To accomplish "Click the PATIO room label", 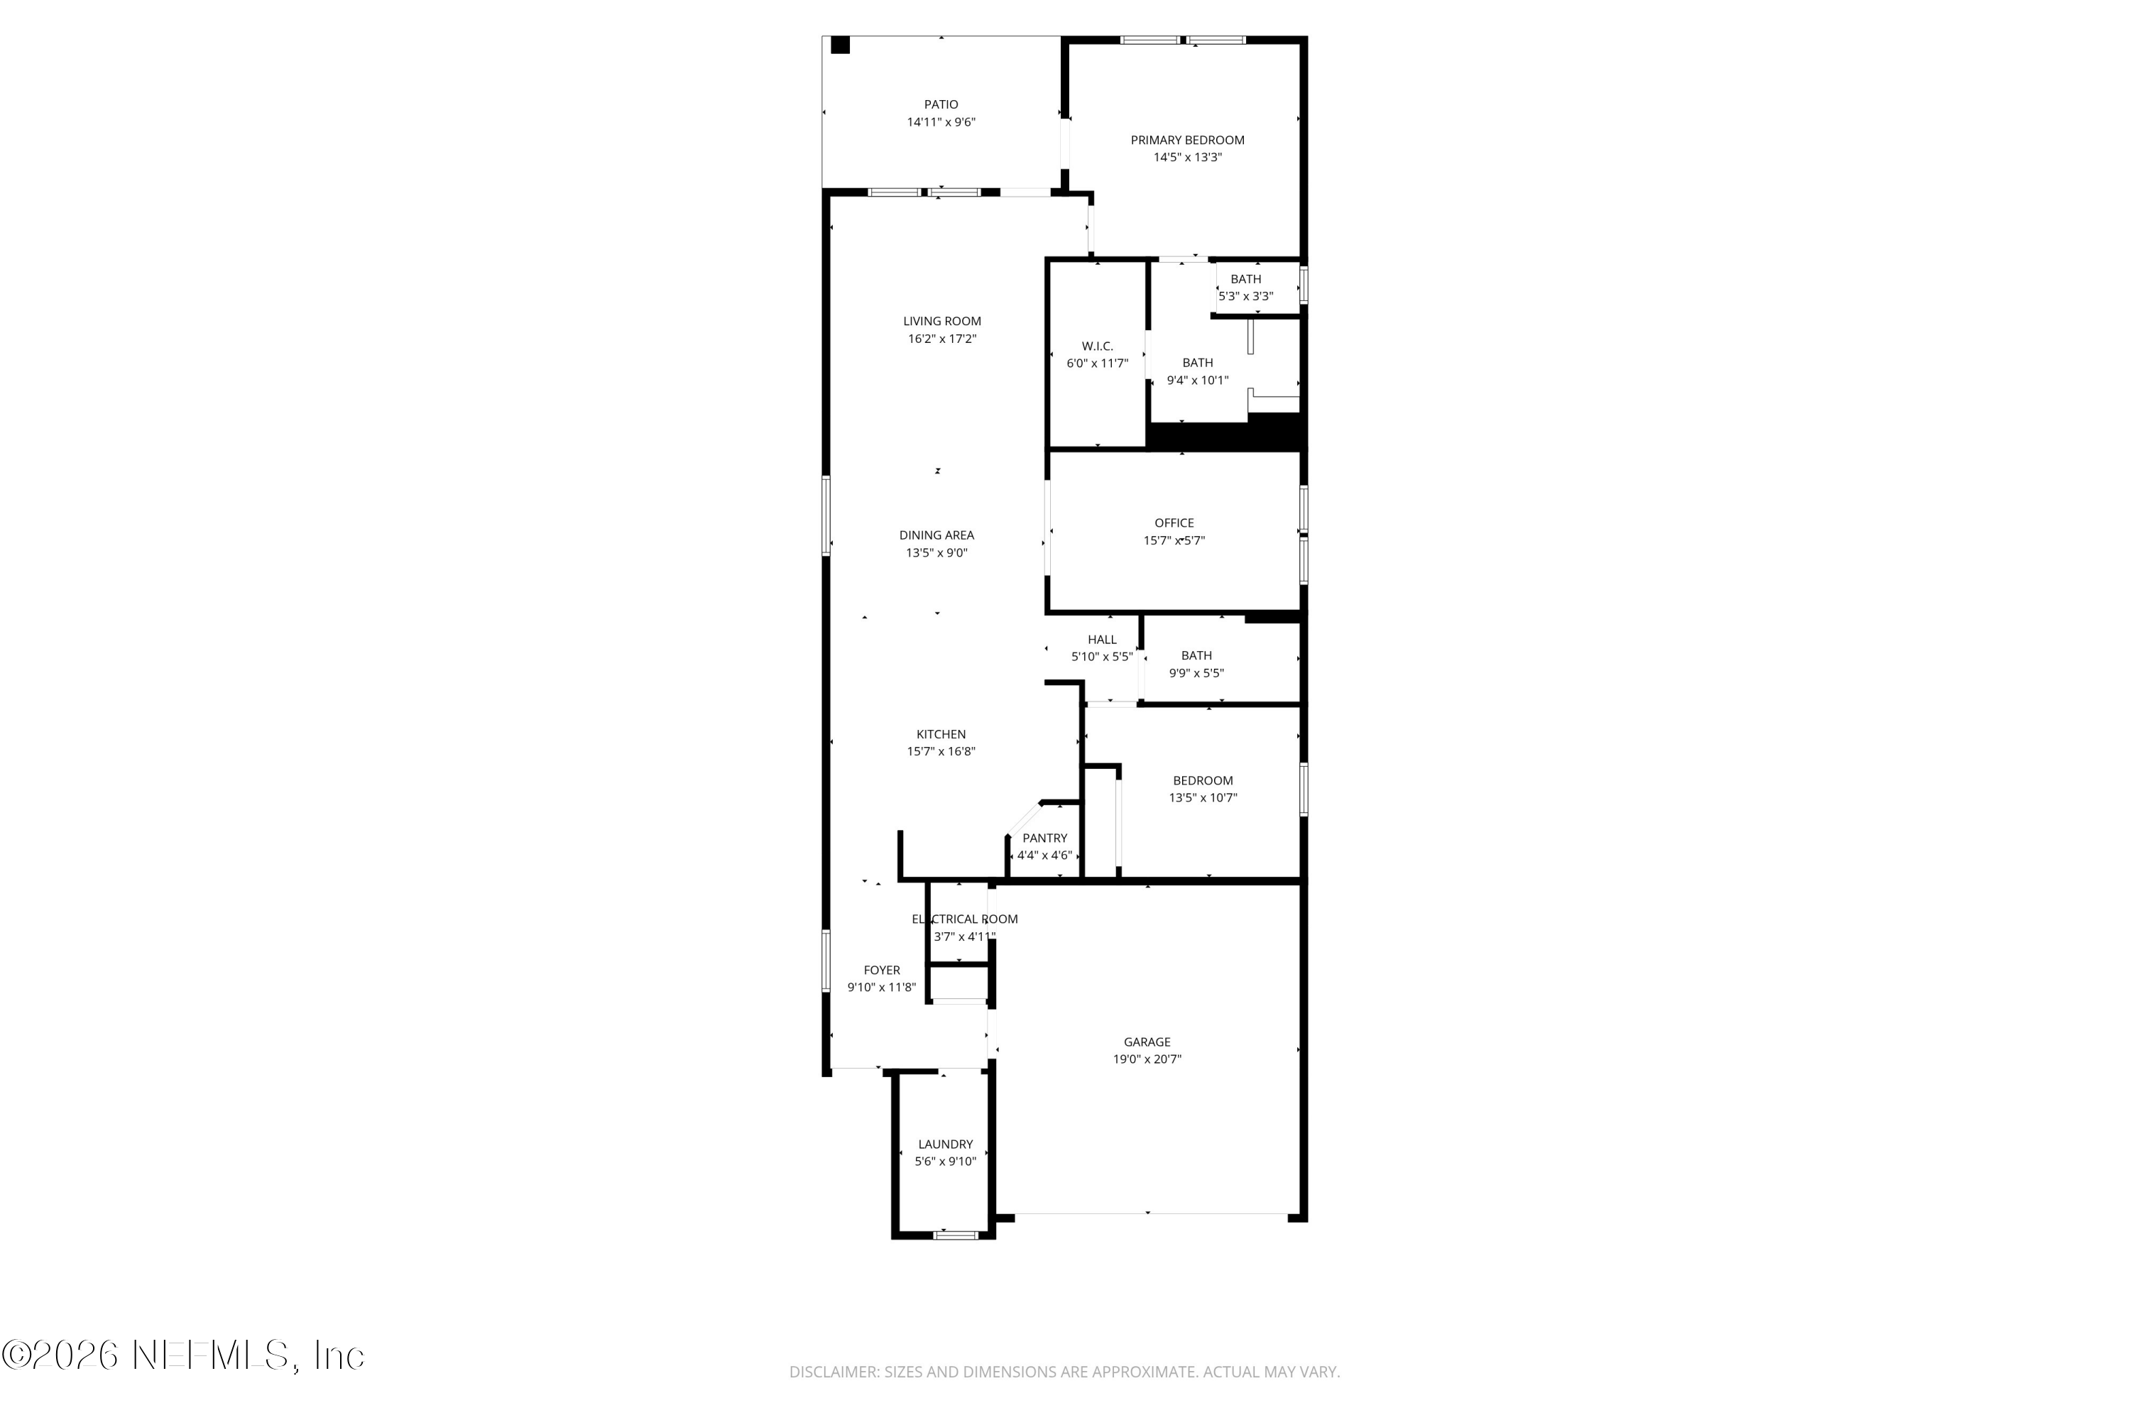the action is point(941,105).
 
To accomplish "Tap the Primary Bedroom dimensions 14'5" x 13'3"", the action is point(1187,158).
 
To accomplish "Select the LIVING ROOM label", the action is point(942,322).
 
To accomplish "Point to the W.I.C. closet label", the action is point(1097,346).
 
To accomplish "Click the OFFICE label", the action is point(1174,523).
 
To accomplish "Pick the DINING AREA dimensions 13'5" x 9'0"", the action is point(936,552).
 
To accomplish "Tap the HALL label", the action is point(1102,640).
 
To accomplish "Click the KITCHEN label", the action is point(941,734).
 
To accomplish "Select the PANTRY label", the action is point(1044,838).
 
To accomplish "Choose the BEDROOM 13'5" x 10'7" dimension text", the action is point(1203,798).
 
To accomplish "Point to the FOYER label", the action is point(881,970).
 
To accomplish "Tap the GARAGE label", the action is point(1147,1042).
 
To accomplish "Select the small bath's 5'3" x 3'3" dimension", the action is point(1245,296).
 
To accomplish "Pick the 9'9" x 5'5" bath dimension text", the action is point(1196,673).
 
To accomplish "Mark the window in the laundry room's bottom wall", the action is point(956,1235).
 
